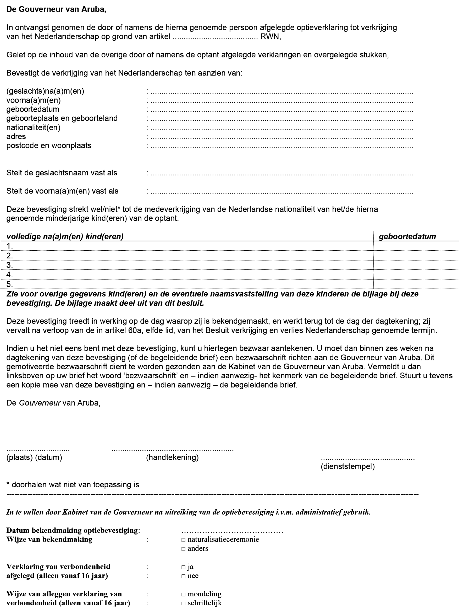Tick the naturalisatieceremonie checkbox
tap(183, 540)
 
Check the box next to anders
tap(183, 549)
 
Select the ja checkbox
tap(183, 567)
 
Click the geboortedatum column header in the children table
tap(407, 237)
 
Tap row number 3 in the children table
tap(10, 265)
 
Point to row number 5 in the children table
tap(10, 284)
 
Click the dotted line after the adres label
tap(281, 138)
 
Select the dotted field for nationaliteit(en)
tap(281, 129)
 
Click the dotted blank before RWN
tap(216, 37)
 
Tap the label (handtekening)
tap(172, 457)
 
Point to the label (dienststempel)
tap(348, 467)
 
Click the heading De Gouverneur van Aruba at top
tap(56, 9)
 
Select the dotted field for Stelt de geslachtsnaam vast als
tap(281, 174)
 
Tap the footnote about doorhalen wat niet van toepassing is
tap(73, 485)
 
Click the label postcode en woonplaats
tap(49, 146)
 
